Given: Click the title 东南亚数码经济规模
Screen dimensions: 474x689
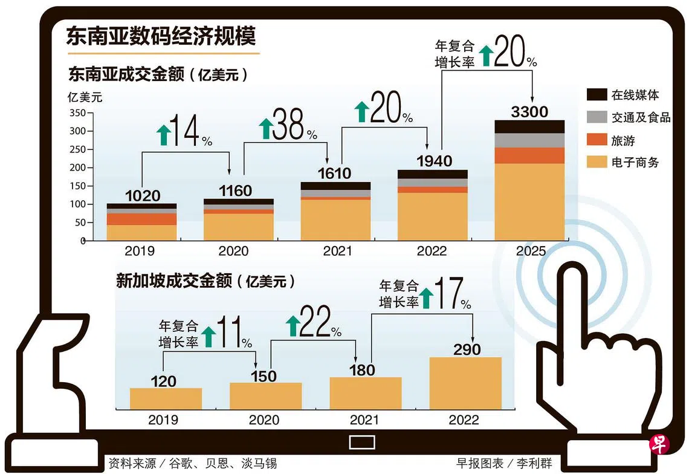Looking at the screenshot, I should tap(161, 36).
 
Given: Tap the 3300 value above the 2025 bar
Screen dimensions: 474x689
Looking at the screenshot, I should tap(529, 112).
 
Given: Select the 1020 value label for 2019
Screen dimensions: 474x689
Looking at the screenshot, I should tap(143, 195).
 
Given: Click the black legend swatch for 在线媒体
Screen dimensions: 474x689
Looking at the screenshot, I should tap(597, 94).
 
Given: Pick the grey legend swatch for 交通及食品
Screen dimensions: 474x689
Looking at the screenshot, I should tap(597, 117).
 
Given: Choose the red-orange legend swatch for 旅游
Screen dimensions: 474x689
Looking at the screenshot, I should tap(597, 140).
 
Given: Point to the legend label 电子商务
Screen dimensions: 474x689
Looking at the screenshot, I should tap(635, 162).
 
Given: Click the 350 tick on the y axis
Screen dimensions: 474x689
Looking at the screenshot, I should tap(77, 113).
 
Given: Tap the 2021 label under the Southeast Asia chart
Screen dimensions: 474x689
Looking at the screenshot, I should tap(337, 251).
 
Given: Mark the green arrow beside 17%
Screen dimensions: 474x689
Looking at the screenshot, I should tap(427, 297).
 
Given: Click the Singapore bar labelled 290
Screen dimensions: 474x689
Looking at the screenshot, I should tap(465, 383).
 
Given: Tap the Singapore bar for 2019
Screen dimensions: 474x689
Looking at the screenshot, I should tap(166, 398).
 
